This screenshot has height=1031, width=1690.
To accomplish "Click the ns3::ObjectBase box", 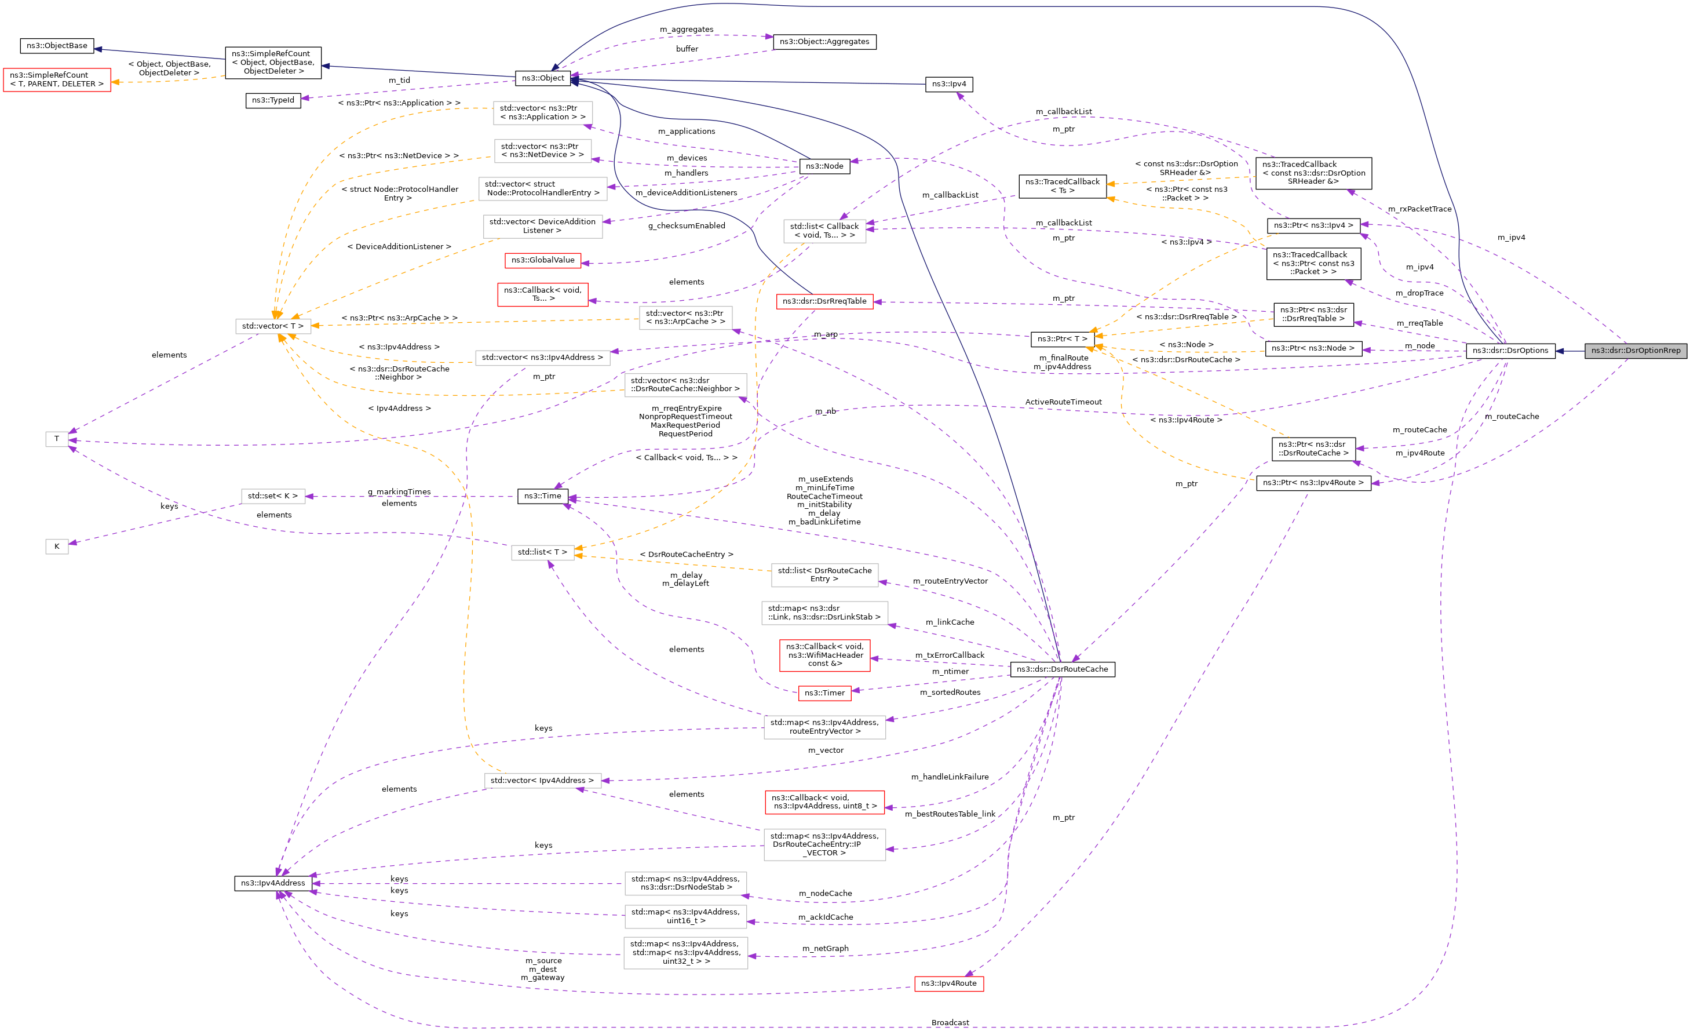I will click(x=57, y=46).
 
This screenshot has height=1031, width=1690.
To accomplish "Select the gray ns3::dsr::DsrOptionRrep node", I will click(x=1635, y=351).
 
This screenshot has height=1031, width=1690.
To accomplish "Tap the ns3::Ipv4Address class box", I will click(x=273, y=883).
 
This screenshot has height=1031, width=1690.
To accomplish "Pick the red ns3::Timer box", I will click(x=824, y=693).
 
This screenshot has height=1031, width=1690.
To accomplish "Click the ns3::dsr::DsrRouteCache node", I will click(x=1062, y=669).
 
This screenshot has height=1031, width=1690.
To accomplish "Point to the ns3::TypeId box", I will click(x=273, y=100).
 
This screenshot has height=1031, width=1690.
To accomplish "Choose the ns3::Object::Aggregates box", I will click(x=824, y=42).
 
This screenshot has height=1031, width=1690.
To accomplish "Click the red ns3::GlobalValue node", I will click(x=542, y=260).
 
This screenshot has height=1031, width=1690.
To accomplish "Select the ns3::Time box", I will click(x=542, y=496).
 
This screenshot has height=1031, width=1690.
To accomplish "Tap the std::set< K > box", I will click(x=273, y=496).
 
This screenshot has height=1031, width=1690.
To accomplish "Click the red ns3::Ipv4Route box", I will click(x=948, y=983).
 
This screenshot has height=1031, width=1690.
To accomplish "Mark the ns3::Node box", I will click(x=824, y=166).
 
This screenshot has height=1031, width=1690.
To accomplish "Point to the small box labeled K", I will click(x=57, y=547).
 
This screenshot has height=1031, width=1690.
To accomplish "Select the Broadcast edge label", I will click(x=950, y=1022).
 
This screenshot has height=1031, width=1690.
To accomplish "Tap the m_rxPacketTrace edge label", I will click(x=1419, y=209).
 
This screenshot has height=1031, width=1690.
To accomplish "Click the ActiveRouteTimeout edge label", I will click(x=1063, y=402).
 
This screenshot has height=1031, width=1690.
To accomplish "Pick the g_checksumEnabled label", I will click(x=687, y=225).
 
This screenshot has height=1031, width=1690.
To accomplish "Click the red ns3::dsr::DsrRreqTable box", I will click(x=824, y=301).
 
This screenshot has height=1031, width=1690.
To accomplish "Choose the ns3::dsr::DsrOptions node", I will click(x=1510, y=351).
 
